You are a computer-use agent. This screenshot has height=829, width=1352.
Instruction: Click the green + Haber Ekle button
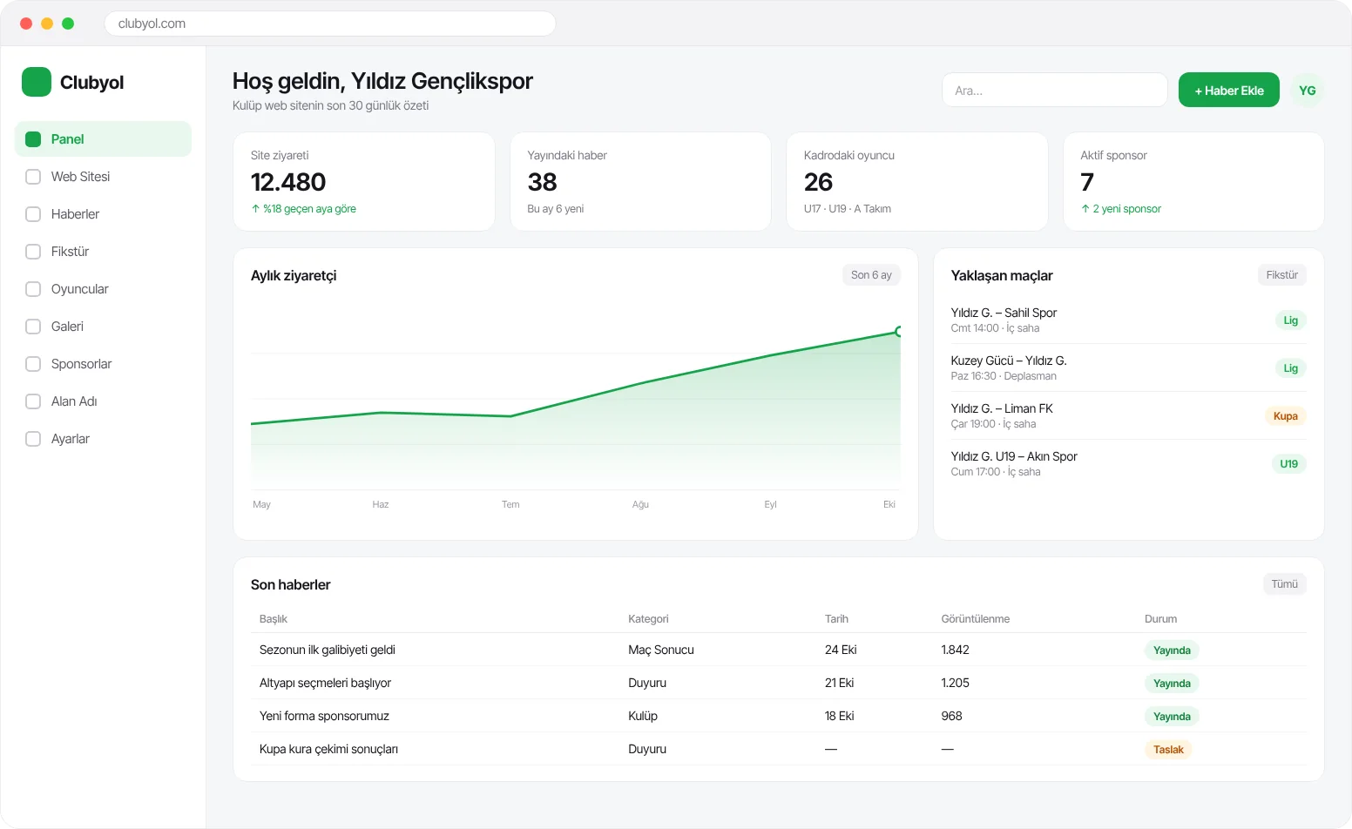click(x=1228, y=90)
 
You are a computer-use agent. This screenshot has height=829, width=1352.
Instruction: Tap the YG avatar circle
click(x=1307, y=91)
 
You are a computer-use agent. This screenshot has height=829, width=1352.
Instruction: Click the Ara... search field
click(x=1054, y=90)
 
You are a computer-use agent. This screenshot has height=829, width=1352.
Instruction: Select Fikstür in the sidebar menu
click(x=70, y=252)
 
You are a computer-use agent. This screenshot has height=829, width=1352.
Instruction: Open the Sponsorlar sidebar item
click(x=82, y=364)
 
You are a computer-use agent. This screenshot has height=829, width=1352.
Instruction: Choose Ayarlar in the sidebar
click(x=70, y=439)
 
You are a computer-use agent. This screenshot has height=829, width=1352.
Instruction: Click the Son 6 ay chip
click(x=871, y=275)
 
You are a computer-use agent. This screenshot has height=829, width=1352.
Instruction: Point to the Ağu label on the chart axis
click(x=640, y=504)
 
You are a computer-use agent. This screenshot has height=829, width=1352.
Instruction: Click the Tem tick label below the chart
click(x=510, y=504)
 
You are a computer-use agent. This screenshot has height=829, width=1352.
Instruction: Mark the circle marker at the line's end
click(x=898, y=331)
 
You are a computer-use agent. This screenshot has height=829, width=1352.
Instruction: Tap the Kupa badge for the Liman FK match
click(x=1285, y=415)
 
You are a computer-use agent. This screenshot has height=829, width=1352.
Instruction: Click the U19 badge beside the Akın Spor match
click(x=1288, y=464)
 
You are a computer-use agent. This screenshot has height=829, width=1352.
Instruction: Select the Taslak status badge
click(x=1168, y=750)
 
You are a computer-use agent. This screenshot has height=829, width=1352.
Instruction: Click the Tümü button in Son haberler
click(x=1284, y=584)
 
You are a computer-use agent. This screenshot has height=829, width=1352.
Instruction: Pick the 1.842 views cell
click(x=955, y=650)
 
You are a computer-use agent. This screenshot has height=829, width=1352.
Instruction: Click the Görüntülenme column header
click(x=976, y=619)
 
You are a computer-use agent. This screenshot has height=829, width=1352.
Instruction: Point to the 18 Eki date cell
click(x=839, y=716)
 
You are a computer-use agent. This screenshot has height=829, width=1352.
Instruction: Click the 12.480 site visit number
click(x=287, y=182)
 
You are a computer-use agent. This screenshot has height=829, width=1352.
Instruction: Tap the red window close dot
click(x=26, y=24)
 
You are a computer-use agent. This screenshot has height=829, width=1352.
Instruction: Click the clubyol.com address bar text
click(x=152, y=24)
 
